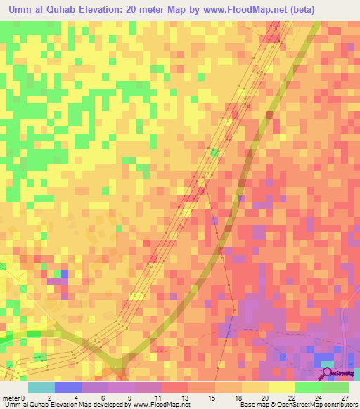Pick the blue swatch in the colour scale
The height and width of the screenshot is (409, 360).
click(x=67, y=387)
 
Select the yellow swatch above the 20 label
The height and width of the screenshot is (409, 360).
click(x=255, y=387)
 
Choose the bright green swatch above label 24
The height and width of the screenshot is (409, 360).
click(x=309, y=387)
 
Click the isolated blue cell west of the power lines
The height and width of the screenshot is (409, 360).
click(x=65, y=273)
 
